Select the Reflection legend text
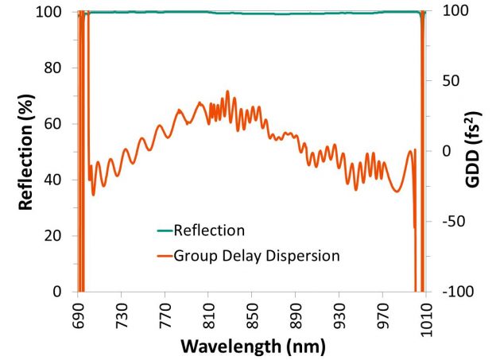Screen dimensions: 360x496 coord(209,231)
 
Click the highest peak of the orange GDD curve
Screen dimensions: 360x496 coord(227,91)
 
